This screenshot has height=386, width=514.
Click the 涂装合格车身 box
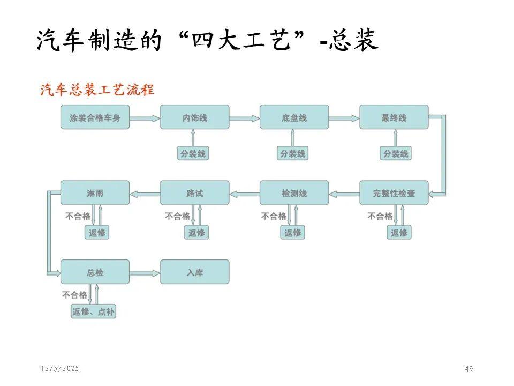point(95,117)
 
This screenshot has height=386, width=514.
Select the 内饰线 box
point(194,117)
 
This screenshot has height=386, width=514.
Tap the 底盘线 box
point(294,117)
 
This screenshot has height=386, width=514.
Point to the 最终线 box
point(394,117)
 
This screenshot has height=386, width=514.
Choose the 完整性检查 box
point(394,192)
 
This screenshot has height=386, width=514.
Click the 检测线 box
point(294,192)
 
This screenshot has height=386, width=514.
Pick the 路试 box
point(194,192)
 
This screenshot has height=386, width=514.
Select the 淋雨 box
point(95,192)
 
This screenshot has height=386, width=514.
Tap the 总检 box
point(95,272)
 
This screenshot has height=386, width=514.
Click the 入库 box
point(194,272)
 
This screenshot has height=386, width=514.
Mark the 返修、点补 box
point(94,311)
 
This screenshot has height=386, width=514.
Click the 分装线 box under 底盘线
point(292,154)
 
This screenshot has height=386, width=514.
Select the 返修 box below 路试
point(196,233)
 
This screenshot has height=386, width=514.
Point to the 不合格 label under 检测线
point(274,216)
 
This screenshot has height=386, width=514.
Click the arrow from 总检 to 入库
point(145,272)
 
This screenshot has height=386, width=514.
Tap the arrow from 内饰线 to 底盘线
point(244,117)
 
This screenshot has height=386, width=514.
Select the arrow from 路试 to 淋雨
point(145,192)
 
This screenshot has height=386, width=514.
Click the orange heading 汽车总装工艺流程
point(97,90)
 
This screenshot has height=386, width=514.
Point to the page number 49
point(469,369)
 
